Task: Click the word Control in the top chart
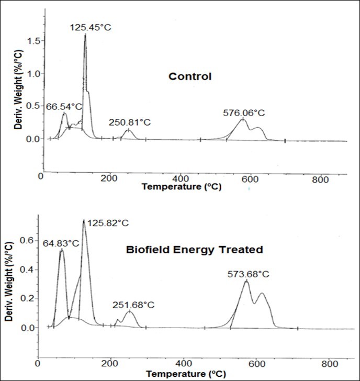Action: [x=189, y=76]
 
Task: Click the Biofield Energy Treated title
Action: [x=194, y=250]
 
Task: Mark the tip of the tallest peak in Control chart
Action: [x=85, y=35]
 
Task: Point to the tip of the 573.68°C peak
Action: [x=246, y=281]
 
